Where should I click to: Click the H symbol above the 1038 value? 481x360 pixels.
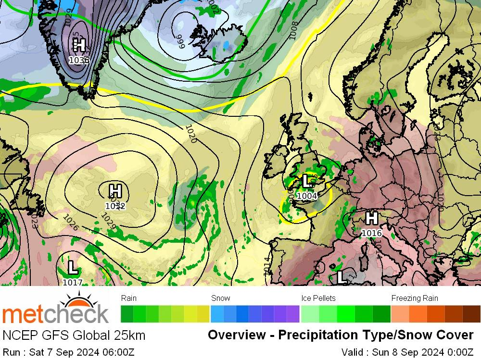[79, 46]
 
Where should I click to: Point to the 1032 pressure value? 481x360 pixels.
[115, 206]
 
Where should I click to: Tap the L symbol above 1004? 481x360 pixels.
[306, 181]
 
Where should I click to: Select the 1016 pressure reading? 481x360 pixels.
[371, 233]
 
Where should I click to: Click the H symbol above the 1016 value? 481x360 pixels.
[371, 219]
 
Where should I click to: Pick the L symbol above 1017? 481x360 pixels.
[73, 267]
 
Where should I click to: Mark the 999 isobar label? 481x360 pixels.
[180, 38]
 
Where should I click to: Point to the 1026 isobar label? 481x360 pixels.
[71, 222]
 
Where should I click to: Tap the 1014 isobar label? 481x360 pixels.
[267, 266]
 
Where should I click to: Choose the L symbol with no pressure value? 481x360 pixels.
[342, 277]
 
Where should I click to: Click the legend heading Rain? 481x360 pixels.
[129, 298]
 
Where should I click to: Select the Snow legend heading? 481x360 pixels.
[221, 298]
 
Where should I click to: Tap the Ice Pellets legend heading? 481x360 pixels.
[318, 298]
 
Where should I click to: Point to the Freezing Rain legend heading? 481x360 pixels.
[415, 298]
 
